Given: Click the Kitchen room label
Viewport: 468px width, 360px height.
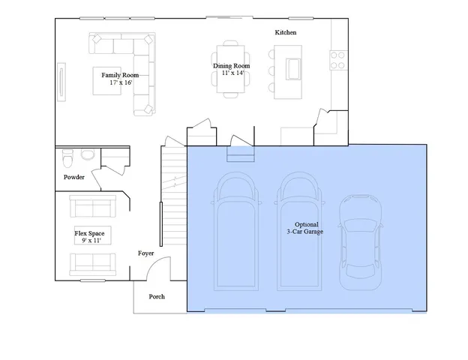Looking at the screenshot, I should [286, 33].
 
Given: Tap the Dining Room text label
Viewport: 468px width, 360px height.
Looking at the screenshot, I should [232, 66].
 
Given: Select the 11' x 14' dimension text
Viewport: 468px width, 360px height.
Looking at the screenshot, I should [232, 73].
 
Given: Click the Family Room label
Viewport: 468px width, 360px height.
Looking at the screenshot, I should [119, 76].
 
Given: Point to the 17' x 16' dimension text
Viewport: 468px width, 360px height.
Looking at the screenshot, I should [120, 83].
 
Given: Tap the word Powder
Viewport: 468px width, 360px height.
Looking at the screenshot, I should [73, 177].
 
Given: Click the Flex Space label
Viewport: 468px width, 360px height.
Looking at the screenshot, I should [89, 233].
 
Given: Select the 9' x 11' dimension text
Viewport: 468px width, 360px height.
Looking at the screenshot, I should [89, 241].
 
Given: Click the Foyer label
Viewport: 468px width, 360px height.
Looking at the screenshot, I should [145, 253].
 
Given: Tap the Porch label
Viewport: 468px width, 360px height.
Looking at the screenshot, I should [156, 296].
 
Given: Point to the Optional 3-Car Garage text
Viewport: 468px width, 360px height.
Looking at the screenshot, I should [305, 229].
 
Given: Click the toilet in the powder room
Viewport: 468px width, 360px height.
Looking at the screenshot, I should [68, 158].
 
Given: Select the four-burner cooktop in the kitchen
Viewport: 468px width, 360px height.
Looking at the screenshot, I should [337, 58].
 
